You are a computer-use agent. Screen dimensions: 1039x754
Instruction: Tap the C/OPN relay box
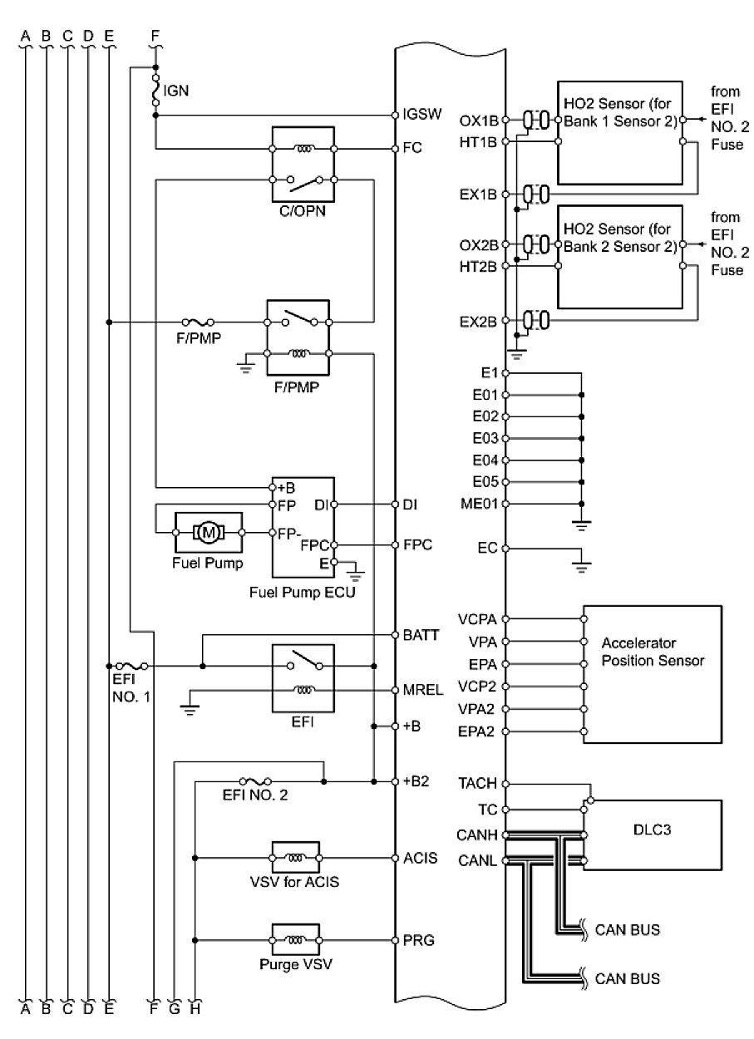(302, 165)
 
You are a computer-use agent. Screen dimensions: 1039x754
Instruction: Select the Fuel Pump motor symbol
(207, 530)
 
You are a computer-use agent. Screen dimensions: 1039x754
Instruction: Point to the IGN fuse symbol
(155, 91)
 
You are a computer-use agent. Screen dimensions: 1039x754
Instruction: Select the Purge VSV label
(297, 967)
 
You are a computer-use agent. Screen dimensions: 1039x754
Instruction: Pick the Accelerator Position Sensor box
(652, 674)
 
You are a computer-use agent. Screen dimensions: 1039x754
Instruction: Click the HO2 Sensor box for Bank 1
(620, 126)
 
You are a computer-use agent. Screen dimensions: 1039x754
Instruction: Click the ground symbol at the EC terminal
(582, 565)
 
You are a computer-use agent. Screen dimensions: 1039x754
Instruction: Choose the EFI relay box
(303, 678)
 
